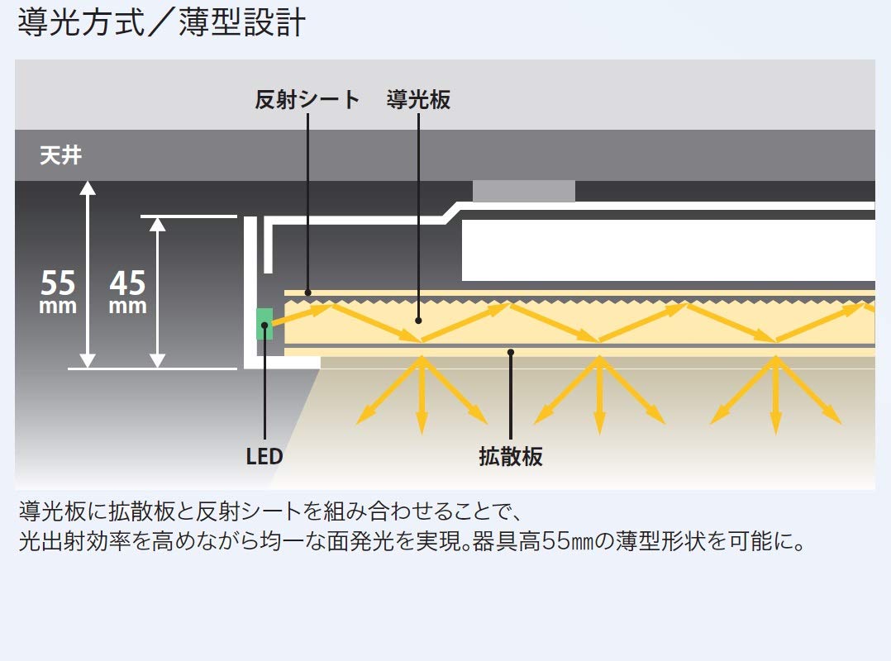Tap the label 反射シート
(x=307, y=101)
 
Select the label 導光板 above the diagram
(x=418, y=101)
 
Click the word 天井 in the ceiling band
(x=61, y=155)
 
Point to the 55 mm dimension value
(x=59, y=291)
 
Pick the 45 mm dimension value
(x=128, y=291)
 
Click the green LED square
(x=264, y=323)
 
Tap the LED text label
(x=264, y=456)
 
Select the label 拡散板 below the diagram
(x=511, y=456)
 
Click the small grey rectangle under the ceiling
(x=523, y=191)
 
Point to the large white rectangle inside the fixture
(x=668, y=250)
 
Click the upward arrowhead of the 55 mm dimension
(x=88, y=188)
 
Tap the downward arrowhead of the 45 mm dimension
(x=157, y=360)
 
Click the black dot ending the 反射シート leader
(x=307, y=292)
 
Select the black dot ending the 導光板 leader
(x=419, y=320)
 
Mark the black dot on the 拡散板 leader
(x=511, y=352)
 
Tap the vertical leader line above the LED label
(x=264, y=388)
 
